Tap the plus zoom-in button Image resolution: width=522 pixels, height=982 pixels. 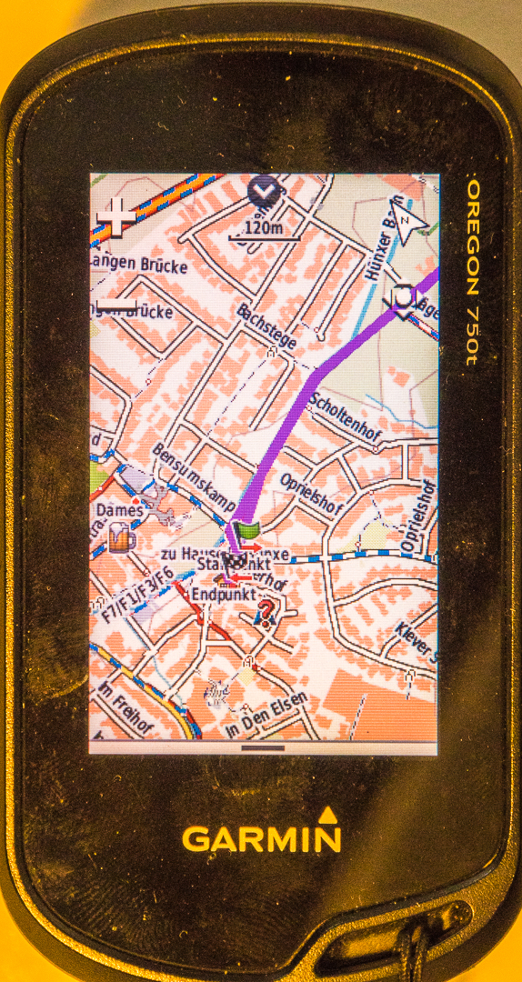(116, 215)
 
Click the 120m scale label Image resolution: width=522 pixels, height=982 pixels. (264, 228)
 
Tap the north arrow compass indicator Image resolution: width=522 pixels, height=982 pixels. (410, 222)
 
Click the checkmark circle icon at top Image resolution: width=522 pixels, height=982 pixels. (262, 190)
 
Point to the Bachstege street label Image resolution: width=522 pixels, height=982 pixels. (266, 326)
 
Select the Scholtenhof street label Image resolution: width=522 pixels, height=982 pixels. (345, 417)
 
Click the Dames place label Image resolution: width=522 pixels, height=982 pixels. (120, 511)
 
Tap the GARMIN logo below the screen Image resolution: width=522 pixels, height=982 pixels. (262, 837)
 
